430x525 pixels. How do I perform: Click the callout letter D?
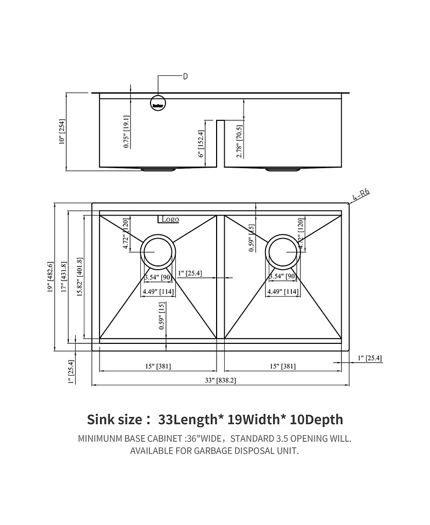pyautogui.click(x=185, y=76)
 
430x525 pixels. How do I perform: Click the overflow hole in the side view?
pyautogui.click(x=158, y=102)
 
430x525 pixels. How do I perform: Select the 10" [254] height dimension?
pyautogui.click(x=62, y=132)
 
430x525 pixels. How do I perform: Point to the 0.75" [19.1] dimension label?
pyautogui.click(x=126, y=132)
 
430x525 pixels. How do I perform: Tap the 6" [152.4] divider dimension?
pyautogui.click(x=200, y=145)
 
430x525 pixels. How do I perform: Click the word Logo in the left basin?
pyautogui.click(x=170, y=219)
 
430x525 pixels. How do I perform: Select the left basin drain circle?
pyautogui.click(x=157, y=251)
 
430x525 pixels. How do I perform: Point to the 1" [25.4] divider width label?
pyautogui.click(x=190, y=274)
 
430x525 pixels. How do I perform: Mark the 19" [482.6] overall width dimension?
pyautogui.click(x=51, y=277)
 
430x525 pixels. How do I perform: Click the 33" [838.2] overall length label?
pyautogui.click(x=221, y=380)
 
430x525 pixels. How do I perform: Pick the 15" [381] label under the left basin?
pyautogui.click(x=158, y=366)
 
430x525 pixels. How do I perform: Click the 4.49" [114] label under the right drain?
pyautogui.click(x=283, y=292)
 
